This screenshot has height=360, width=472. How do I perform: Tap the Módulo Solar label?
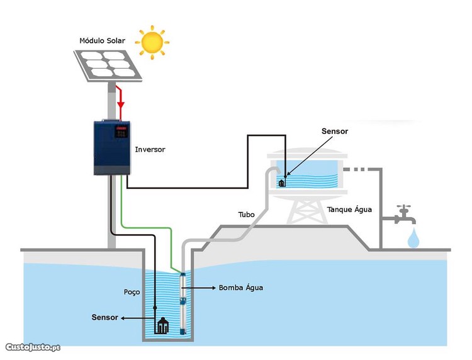click(x=102, y=41)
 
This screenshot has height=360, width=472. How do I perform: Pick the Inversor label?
click(x=150, y=150)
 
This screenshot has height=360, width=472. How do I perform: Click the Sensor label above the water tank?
click(x=335, y=132)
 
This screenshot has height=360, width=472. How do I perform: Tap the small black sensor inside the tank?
click(x=282, y=183)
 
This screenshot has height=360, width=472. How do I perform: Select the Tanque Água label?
click(x=349, y=210)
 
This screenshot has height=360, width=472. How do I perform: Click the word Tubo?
click(x=246, y=215)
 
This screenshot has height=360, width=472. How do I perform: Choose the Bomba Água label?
click(x=241, y=288)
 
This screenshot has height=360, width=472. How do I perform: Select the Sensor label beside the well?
click(x=104, y=317)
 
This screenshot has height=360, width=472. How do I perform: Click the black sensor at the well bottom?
click(x=163, y=325)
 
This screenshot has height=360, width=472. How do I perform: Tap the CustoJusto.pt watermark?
click(x=33, y=347)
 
